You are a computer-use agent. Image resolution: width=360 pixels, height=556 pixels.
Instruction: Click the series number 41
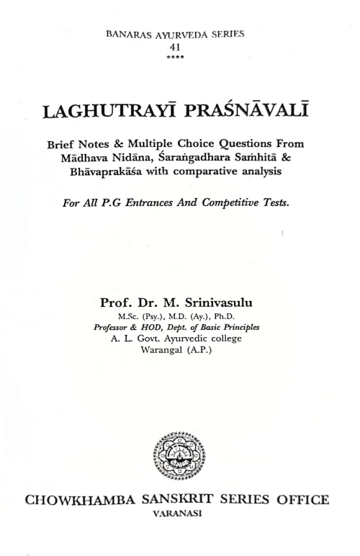pos(181,45)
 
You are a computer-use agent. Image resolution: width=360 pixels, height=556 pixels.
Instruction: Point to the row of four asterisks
pos(181,55)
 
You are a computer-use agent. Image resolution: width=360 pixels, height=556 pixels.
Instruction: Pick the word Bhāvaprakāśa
pos(110,172)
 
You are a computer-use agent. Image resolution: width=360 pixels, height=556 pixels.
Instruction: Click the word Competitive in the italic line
pos(232,202)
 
